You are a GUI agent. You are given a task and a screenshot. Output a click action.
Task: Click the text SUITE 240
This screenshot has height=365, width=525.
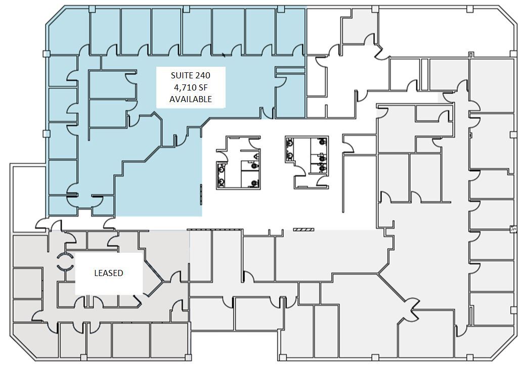190,75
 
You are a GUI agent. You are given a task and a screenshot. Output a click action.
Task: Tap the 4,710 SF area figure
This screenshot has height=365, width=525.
190,87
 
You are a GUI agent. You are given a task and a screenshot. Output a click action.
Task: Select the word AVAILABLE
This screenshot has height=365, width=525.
190,99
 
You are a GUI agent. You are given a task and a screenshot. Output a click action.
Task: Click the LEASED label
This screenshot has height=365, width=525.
109,273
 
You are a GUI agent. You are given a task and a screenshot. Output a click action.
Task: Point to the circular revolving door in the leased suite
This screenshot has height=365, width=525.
64,261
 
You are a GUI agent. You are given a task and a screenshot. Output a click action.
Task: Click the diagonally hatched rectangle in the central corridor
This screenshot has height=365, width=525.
303,230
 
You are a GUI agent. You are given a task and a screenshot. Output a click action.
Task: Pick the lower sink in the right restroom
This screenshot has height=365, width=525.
290,155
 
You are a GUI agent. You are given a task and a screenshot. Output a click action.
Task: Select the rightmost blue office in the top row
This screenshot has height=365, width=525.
291,30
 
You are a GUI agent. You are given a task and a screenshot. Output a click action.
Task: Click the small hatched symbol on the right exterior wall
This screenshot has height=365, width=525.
513,229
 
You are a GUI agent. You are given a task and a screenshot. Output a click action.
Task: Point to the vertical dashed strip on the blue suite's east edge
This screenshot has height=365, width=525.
201,195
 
